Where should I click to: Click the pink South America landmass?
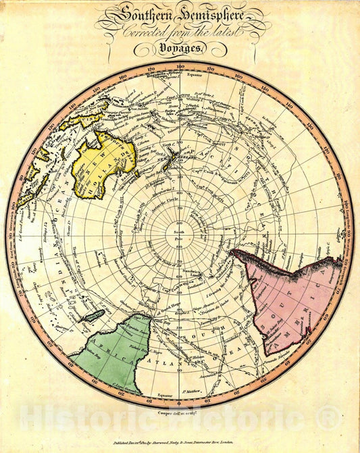coord(284,297)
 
